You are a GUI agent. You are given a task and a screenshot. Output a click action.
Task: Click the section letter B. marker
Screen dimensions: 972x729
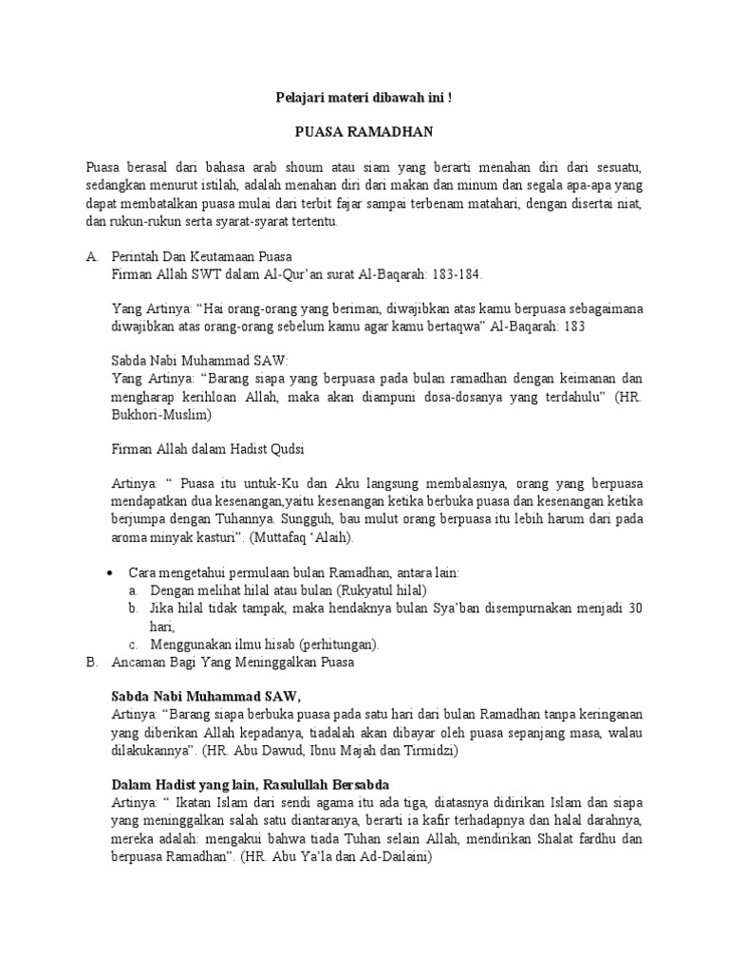(x=91, y=662)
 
